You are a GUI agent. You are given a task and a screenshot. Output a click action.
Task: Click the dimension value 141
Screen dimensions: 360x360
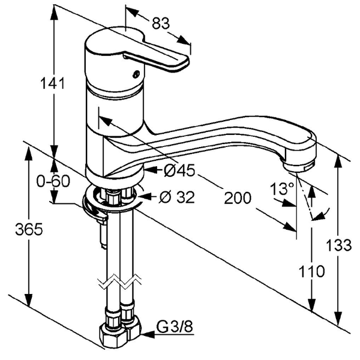(x=52, y=83)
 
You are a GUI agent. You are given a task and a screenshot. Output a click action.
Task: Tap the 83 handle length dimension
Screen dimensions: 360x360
(x=161, y=23)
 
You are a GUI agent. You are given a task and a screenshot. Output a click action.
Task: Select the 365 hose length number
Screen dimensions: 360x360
(x=29, y=229)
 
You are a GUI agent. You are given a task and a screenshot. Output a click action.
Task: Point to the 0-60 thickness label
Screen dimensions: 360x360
(x=53, y=181)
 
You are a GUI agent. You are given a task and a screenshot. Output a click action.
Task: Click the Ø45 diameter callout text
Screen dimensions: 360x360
(x=179, y=170)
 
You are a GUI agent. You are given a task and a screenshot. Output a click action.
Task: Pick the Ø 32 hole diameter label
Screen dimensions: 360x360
(x=177, y=197)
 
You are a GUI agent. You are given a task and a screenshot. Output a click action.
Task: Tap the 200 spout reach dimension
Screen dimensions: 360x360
(x=238, y=198)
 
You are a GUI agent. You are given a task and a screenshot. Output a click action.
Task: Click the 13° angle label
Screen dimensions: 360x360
(x=282, y=189)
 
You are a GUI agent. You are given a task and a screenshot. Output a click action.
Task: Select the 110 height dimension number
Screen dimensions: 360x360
(x=311, y=271)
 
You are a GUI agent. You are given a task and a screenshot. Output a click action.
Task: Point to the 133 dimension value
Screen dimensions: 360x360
(x=338, y=245)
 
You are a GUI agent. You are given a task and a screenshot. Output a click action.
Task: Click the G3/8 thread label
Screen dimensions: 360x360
(x=174, y=326)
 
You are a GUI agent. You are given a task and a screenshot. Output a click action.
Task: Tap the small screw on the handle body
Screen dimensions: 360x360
(x=136, y=74)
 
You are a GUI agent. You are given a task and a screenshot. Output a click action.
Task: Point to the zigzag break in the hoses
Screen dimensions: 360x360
(x=119, y=281)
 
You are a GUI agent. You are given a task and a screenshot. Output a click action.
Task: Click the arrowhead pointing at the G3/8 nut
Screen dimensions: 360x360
(x=148, y=334)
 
